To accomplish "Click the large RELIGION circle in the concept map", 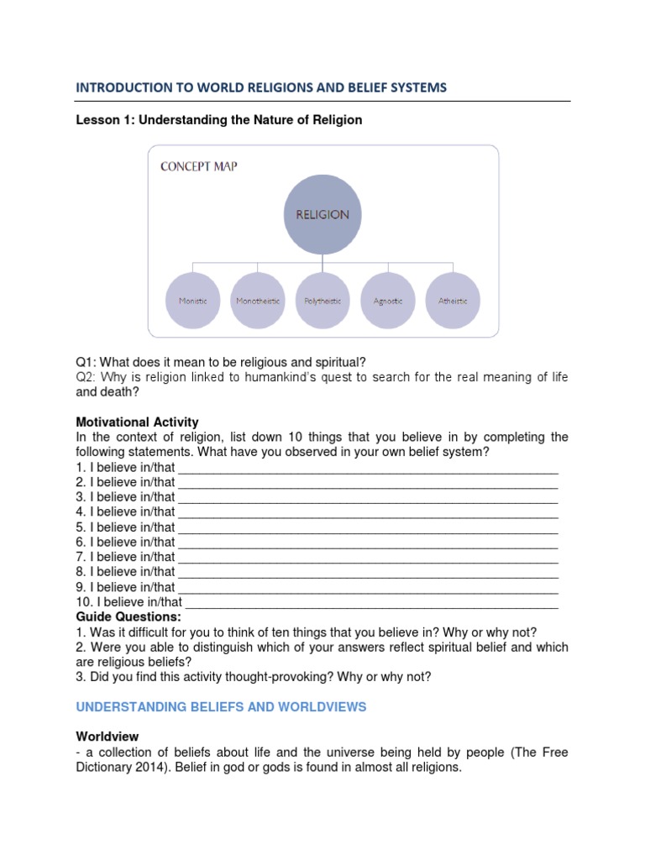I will click(322, 214).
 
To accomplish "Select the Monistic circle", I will click(192, 300).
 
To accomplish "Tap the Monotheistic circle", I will click(258, 300).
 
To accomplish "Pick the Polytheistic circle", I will click(322, 300).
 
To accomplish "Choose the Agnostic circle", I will click(387, 300).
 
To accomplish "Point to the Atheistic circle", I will click(453, 300).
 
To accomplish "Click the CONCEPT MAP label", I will click(198, 166).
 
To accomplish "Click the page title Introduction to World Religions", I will click(261, 87).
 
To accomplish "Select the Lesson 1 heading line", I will click(219, 120).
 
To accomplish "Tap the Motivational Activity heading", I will click(137, 422).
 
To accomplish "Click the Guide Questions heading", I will click(128, 616).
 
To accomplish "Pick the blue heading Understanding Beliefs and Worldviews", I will click(221, 707).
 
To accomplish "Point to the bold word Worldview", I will click(106, 736).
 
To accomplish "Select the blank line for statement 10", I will click(371, 601).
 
